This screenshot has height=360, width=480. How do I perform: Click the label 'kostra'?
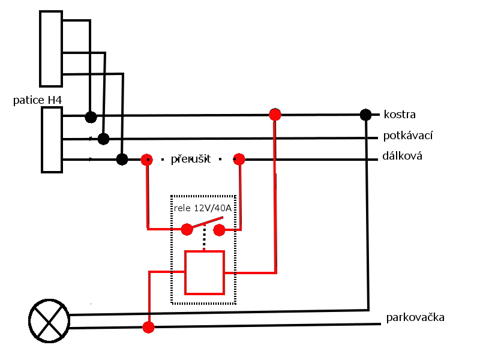[x=400, y=114]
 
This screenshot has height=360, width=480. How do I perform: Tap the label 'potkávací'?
[x=408, y=136]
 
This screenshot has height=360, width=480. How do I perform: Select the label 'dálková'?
[x=403, y=157]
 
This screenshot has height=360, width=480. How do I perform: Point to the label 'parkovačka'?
[x=415, y=317]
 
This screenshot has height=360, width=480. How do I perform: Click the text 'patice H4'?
[x=37, y=100]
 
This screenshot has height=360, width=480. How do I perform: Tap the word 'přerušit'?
[x=191, y=160]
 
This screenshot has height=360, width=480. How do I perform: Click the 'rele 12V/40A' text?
[x=203, y=208]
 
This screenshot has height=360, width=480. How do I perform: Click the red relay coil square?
[x=204, y=272]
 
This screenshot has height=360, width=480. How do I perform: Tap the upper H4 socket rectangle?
[x=51, y=48]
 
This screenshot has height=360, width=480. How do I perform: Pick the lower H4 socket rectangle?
[x=52, y=139]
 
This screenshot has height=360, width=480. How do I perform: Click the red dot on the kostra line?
[x=275, y=114]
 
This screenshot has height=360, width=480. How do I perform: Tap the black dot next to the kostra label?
[x=365, y=114]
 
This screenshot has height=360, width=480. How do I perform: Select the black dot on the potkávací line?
[x=103, y=139]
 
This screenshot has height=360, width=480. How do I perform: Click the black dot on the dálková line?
[x=122, y=159]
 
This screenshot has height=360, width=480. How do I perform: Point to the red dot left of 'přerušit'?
[x=146, y=160]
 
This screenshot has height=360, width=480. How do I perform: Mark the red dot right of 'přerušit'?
[x=239, y=159]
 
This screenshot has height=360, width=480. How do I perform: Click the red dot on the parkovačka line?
[x=148, y=327]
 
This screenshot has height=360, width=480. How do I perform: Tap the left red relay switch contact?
[x=187, y=229]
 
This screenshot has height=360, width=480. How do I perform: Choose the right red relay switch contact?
[x=219, y=230]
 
